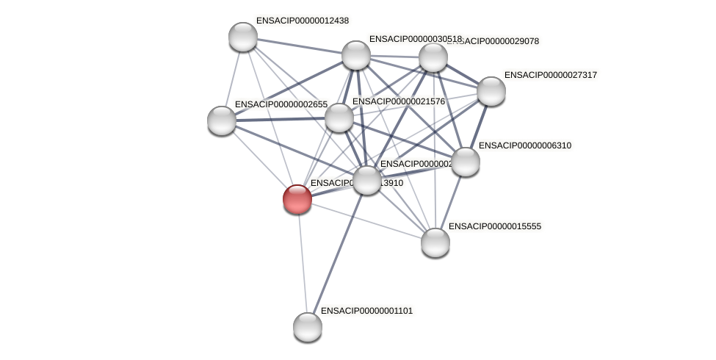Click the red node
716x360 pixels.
(x=297, y=198)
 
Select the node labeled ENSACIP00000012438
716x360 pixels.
(x=243, y=37)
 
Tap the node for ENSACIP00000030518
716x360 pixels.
(x=356, y=55)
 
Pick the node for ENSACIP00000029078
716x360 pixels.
(x=433, y=57)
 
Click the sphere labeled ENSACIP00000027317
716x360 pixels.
(x=491, y=91)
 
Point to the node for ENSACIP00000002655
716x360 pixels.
(x=222, y=120)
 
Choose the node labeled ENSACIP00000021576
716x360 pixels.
(x=339, y=118)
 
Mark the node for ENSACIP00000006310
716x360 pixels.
(x=465, y=162)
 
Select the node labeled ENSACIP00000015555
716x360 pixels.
(x=435, y=242)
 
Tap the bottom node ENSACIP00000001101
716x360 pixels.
(x=308, y=326)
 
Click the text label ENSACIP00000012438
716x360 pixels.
(x=302, y=21)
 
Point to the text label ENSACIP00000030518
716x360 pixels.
(x=415, y=39)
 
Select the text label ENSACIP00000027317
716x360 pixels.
(x=550, y=75)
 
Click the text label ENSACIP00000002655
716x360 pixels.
(x=281, y=104)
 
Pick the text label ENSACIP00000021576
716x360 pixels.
(x=398, y=101)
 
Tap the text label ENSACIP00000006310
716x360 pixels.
(x=524, y=145)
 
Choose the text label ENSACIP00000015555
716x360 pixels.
(x=494, y=226)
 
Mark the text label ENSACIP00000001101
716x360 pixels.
(x=366, y=311)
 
